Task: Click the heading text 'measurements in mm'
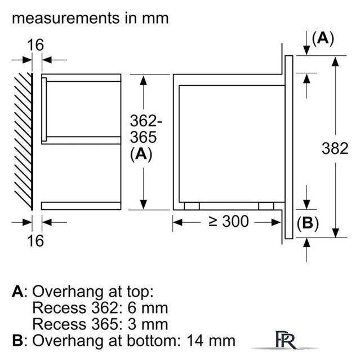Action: click(90, 17)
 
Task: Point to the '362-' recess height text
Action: click(146, 121)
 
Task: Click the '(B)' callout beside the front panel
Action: click(308, 223)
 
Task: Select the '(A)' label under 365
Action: click(141, 155)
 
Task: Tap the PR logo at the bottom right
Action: click(284, 341)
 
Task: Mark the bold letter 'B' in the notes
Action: click(18, 341)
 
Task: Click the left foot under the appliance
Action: click(192, 206)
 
